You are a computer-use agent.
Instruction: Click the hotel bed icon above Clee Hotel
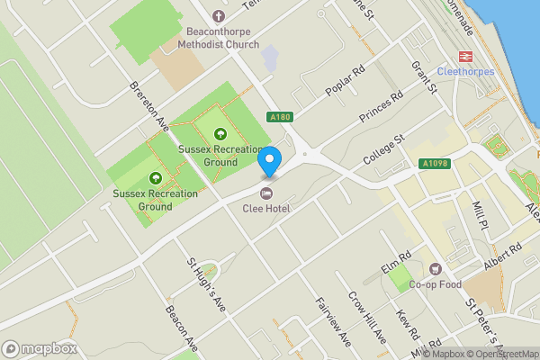pos(265,193)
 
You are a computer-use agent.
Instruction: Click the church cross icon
pos(218,15)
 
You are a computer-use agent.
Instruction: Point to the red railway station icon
pos(465,55)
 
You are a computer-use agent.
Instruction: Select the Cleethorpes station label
pos(465,71)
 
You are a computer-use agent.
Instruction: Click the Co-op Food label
pos(436,284)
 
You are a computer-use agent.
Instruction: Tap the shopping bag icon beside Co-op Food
pos(436,269)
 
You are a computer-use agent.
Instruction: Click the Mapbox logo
pos(38,347)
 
